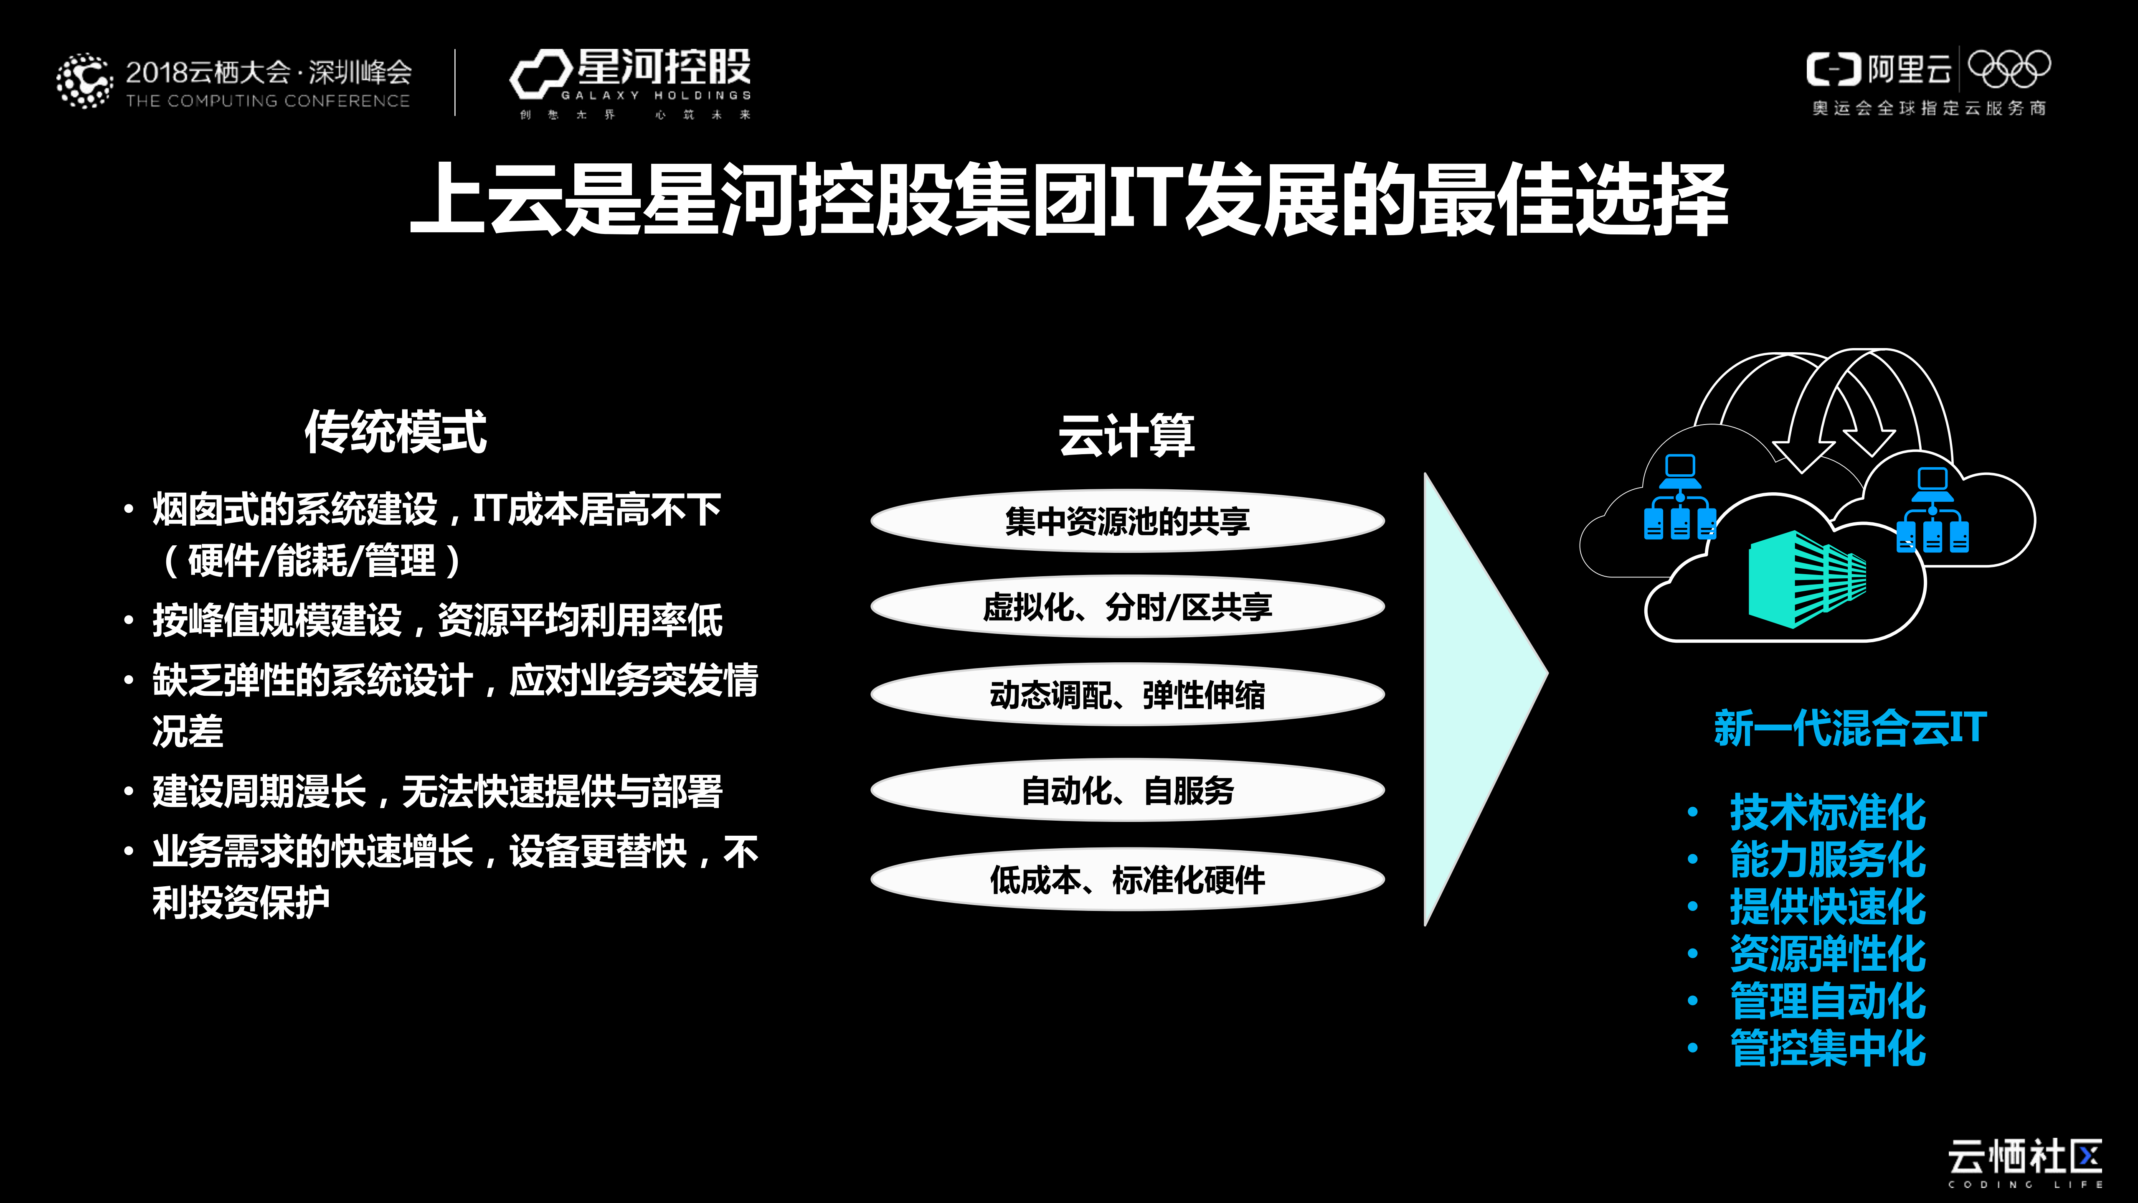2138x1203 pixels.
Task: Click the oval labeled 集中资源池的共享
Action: pyautogui.click(x=1127, y=521)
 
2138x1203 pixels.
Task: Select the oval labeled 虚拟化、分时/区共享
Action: pyautogui.click(x=1127, y=607)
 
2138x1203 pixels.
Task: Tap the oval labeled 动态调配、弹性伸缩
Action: pyautogui.click(x=1127, y=695)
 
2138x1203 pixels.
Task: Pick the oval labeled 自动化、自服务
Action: pyautogui.click(x=1127, y=791)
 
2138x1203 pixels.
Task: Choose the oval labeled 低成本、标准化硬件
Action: pyautogui.click(x=1127, y=879)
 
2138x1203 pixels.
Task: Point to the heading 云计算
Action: pyautogui.click(x=1126, y=435)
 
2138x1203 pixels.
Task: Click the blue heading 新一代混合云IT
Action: pyautogui.click(x=1850, y=728)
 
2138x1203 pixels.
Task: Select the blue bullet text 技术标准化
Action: pyautogui.click(x=1827, y=812)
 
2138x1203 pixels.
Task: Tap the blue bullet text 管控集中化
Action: pyautogui.click(x=1827, y=1048)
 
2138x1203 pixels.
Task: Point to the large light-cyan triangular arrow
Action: pyautogui.click(x=1473, y=697)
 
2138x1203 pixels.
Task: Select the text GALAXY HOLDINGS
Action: pyautogui.click(x=656, y=95)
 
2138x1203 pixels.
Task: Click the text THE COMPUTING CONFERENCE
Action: pyautogui.click(x=267, y=101)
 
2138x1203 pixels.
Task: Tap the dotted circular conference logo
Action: pyautogui.click(x=84, y=81)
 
